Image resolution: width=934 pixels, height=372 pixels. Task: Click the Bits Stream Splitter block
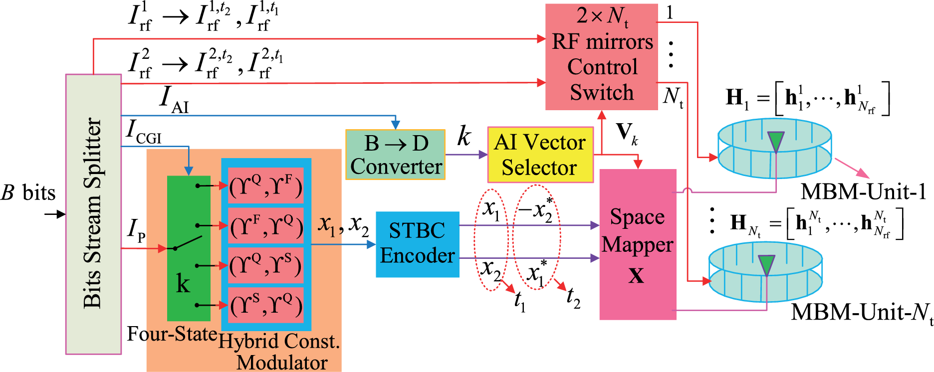tap(93, 214)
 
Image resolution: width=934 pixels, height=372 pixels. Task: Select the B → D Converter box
tap(395, 155)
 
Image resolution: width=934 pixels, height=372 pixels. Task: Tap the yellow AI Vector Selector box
tap(540, 155)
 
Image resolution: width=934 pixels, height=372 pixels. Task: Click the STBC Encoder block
tap(417, 244)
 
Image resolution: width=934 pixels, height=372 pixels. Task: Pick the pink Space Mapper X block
tap(637, 244)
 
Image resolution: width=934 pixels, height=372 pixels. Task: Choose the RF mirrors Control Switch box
tap(601, 57)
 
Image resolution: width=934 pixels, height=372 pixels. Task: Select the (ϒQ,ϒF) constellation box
tap(265, 186)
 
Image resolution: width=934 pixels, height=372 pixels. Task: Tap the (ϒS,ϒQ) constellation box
tap(265, 305)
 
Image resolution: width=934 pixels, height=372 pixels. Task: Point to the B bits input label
tap(28, 193)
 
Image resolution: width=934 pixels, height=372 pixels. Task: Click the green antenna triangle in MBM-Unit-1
tap(776, 141)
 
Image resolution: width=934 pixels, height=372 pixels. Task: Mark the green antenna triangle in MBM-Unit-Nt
tap(766, 265)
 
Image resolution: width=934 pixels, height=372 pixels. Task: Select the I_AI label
tap(174, 99)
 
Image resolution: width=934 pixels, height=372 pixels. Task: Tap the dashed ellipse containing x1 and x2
tap(490, 239)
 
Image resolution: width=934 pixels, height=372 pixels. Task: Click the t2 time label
tap(573, 297)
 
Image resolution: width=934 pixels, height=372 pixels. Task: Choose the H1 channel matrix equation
tap(807, 98)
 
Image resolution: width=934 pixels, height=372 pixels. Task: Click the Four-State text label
tap(172, 334)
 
